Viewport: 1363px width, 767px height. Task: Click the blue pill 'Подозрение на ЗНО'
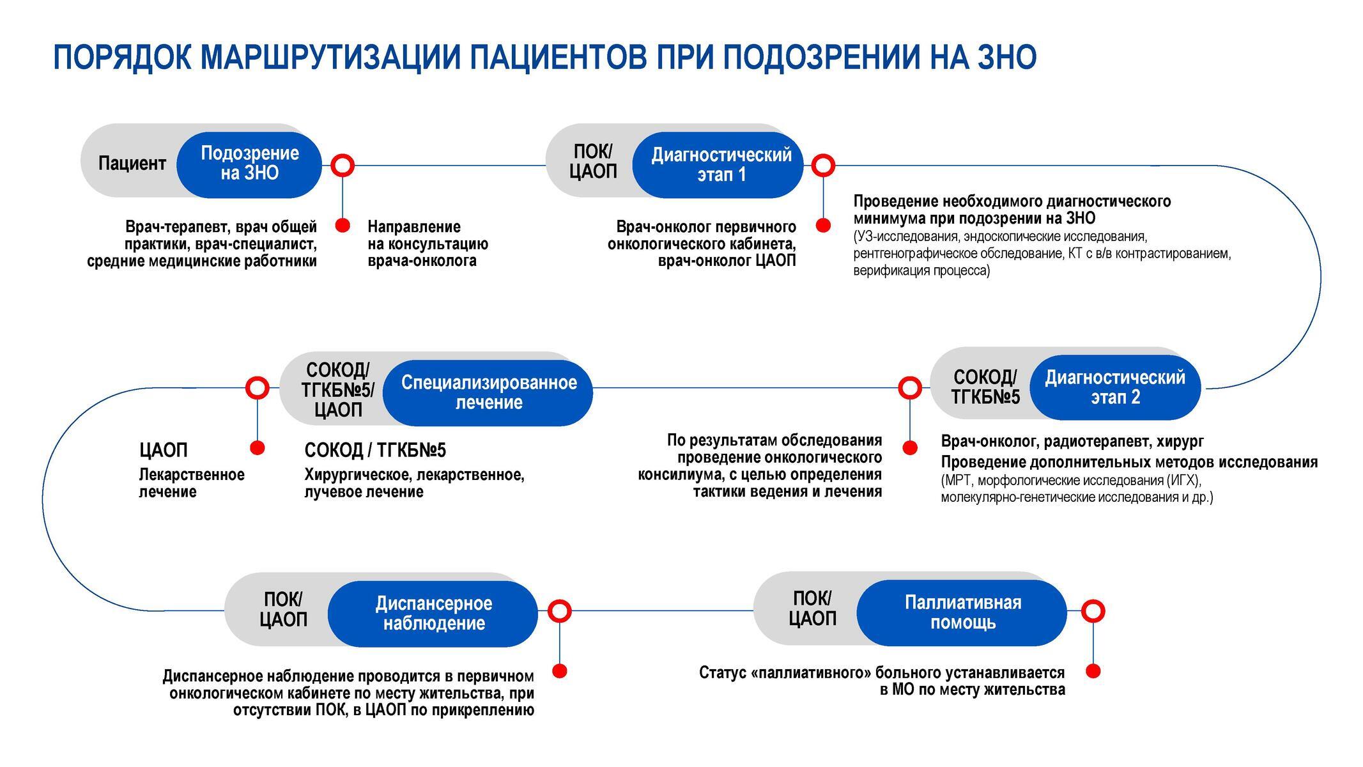[x=249, y=164]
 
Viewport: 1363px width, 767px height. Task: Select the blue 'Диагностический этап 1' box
[x=721, y=165]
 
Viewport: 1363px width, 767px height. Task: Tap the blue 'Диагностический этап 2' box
[x=1115, y=387]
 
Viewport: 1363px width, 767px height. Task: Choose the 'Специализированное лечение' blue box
[x=489, y=392]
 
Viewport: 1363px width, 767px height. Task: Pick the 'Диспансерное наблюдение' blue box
[x=433, y=614]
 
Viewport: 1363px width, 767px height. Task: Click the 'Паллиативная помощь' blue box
[x=962, y=612]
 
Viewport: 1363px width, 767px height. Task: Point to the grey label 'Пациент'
[x=132, y=164]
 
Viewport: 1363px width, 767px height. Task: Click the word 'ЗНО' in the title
[x=1006, y=58]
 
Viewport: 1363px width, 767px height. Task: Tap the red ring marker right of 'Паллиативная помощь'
[x=1093, y=612]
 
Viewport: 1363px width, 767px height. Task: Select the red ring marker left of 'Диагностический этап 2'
[x=909, y=387]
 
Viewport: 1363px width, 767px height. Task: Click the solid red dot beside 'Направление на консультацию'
[x=343, y=225]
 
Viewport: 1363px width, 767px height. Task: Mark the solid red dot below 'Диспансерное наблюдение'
[x=560, y=671]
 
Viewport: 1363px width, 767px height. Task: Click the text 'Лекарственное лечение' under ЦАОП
[x=192, y=483]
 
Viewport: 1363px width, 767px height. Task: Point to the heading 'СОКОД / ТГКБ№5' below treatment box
[x=375, y=451]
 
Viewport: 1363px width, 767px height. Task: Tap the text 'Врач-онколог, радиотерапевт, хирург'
[x=1072, y=441]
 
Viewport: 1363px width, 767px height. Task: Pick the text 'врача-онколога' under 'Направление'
[x=422, y=261]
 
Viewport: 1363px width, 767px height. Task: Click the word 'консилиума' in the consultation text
[x=675, y=475]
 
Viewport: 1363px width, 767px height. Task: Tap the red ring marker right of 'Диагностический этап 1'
[x=823, y=166]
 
